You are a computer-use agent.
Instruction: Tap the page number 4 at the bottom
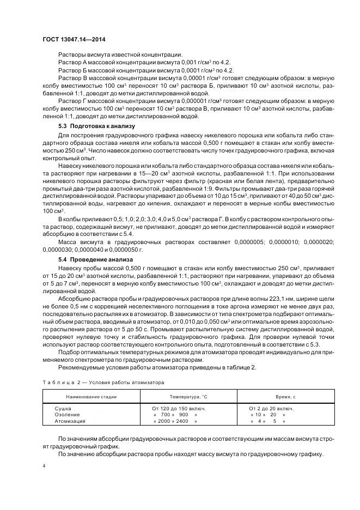click(x=44, y=466)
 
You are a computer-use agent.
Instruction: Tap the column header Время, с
click(x=277, y=397)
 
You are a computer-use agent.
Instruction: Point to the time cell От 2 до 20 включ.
click(x=272, y=408)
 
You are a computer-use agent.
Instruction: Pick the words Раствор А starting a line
click(x=72, y=63)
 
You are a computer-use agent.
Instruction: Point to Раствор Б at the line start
click(x=72, y=70)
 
